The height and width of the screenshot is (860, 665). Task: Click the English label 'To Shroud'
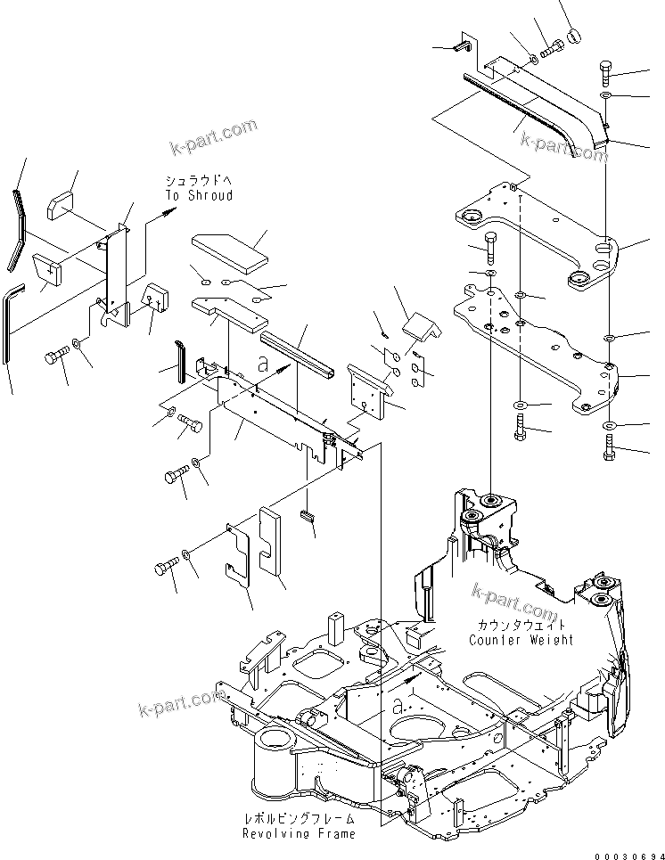pyautogui.click(x=198, y=195)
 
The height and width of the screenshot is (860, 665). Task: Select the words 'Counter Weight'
pyautogui.click(x=521, y=640)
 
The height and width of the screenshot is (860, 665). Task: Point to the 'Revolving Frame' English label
pyautogui.click(x=299, y=833)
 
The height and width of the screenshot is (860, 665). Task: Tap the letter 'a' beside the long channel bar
pyautogui.click(x=262, y=364)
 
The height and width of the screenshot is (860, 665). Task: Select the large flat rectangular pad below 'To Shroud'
pyautogui.click(x=229, y=252)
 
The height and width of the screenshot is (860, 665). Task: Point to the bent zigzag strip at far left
pyautogui.click(x=19, y=229)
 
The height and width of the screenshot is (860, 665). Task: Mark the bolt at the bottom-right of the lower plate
pyautogui.click(x=610, y=451)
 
